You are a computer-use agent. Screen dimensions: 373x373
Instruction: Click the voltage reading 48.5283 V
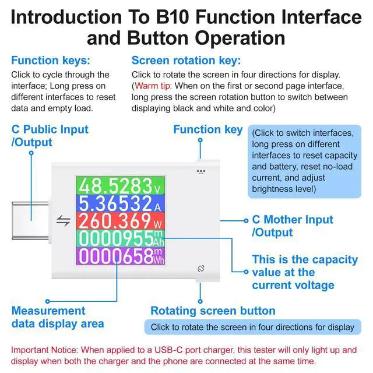[x=120, y=186]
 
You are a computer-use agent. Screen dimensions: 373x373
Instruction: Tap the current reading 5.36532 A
[x=120, y=203]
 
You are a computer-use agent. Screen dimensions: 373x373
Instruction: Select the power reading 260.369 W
[x=120, y=221]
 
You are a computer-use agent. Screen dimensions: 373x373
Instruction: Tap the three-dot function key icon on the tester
[x=201, y=171]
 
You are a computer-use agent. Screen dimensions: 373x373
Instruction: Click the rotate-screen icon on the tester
[x=201, y=269]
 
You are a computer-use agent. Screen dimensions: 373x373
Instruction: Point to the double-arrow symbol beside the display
[x=64, y=220]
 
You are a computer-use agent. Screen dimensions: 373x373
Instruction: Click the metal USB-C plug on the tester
[x=30, y=220]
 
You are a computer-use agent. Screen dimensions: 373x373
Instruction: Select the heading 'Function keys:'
[x=51, y=61]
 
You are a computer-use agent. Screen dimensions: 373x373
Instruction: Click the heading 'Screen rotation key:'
[x=186, y=61]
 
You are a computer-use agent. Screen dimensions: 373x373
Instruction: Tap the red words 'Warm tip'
[x=152, y=86]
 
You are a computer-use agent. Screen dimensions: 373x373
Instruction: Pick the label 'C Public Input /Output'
[x=50, y=136]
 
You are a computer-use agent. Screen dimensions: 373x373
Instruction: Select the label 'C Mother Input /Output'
[x=293, y=226]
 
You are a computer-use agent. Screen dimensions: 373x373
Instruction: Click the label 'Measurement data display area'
[x=58, y=317]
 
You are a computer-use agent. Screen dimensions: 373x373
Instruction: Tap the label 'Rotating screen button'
[x=213, y=311]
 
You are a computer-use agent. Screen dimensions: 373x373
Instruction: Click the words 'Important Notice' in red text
[x=44, y=350]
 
